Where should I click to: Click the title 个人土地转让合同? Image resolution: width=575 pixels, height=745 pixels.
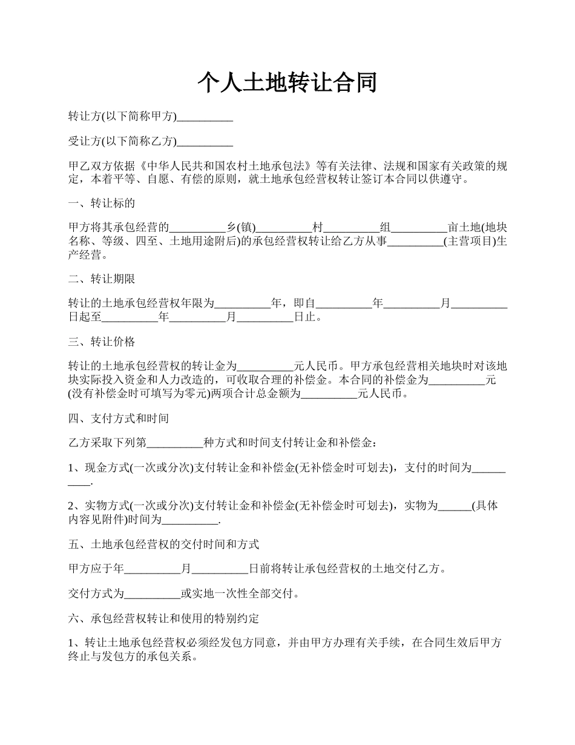coord(287,82)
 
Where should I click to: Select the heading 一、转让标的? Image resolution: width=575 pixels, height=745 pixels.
coord(101,203)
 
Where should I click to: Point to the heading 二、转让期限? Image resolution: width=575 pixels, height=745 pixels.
coord(101,279)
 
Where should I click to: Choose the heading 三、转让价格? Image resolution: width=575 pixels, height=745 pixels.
coord(101,342)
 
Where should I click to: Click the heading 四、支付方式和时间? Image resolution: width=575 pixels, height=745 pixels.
coord(118,418)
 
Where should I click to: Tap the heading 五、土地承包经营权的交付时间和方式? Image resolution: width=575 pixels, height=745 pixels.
coord(163,545)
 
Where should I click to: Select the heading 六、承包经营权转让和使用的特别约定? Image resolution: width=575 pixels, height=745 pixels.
coord(163,619)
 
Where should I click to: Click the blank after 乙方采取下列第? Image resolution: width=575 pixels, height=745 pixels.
coord(175,443)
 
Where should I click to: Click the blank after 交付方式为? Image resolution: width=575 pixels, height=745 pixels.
coord(152,594)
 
